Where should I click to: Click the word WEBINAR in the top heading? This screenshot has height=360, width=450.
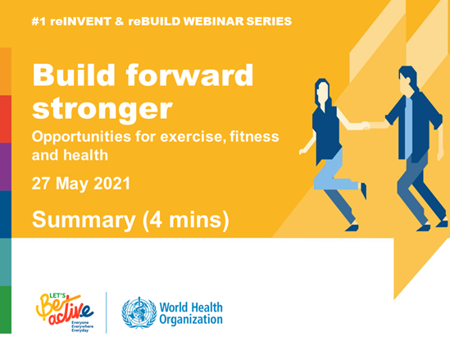point(213,21)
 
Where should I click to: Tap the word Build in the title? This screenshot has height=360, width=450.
point(74,75)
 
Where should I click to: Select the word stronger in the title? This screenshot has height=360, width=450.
point(102,109)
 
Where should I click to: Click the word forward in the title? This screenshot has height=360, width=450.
point(189,75)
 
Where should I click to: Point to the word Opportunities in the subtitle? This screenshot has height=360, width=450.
point(81,137)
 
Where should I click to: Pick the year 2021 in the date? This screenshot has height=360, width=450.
point(112,184)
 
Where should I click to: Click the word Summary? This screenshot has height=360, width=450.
point(84,221)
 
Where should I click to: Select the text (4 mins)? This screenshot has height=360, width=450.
point(186,221)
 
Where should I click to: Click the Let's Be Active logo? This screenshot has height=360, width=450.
point(65,312)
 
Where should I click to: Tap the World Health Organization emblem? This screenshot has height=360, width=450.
point(139,312)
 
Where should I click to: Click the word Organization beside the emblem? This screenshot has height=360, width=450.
point(191,320)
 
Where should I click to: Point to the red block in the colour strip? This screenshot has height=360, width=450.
point(6,119)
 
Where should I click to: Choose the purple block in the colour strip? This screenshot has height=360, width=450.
point(6,166)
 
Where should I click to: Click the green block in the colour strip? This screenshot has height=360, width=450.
point(6,309)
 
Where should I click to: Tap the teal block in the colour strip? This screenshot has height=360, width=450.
point(6,262)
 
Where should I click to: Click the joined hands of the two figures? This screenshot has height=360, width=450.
point(366,125)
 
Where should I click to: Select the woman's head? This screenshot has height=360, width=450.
point(322,93)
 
